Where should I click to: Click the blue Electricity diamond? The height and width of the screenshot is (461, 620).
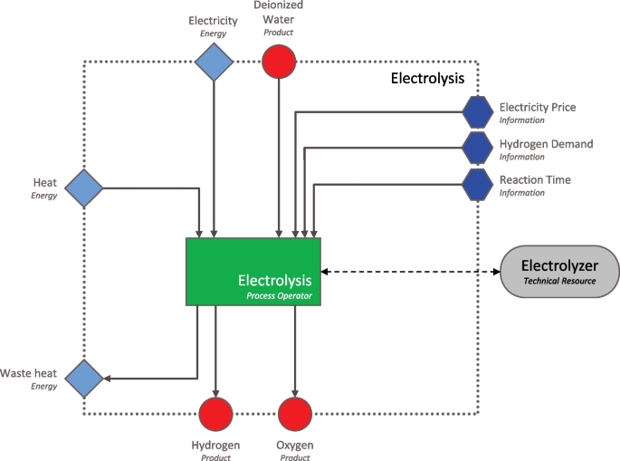point(214,62)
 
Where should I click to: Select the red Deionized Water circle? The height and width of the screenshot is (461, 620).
point(280,62)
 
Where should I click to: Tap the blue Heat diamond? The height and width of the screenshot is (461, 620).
point(83,188)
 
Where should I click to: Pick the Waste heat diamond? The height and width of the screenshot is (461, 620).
point(83,379)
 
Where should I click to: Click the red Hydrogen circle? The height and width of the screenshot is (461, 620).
point(215,414)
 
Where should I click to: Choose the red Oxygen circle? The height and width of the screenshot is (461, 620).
point(294,414)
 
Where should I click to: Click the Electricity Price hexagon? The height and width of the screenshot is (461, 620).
point(477,112)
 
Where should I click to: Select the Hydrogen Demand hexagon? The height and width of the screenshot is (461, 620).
point(477,149)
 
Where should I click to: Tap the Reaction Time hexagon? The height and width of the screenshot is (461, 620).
point(477,185)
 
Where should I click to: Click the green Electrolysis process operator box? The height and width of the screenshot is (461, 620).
point(253,271)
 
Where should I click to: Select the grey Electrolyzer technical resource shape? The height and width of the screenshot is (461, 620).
point(560,272)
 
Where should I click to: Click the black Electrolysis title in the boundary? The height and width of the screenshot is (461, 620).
point(427,79)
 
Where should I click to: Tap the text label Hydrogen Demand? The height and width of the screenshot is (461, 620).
point(546,143)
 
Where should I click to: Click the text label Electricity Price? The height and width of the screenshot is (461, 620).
point(537,107)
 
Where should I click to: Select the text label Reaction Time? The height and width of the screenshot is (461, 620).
point(535,179)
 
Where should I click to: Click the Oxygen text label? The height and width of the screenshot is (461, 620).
point(294,445)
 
